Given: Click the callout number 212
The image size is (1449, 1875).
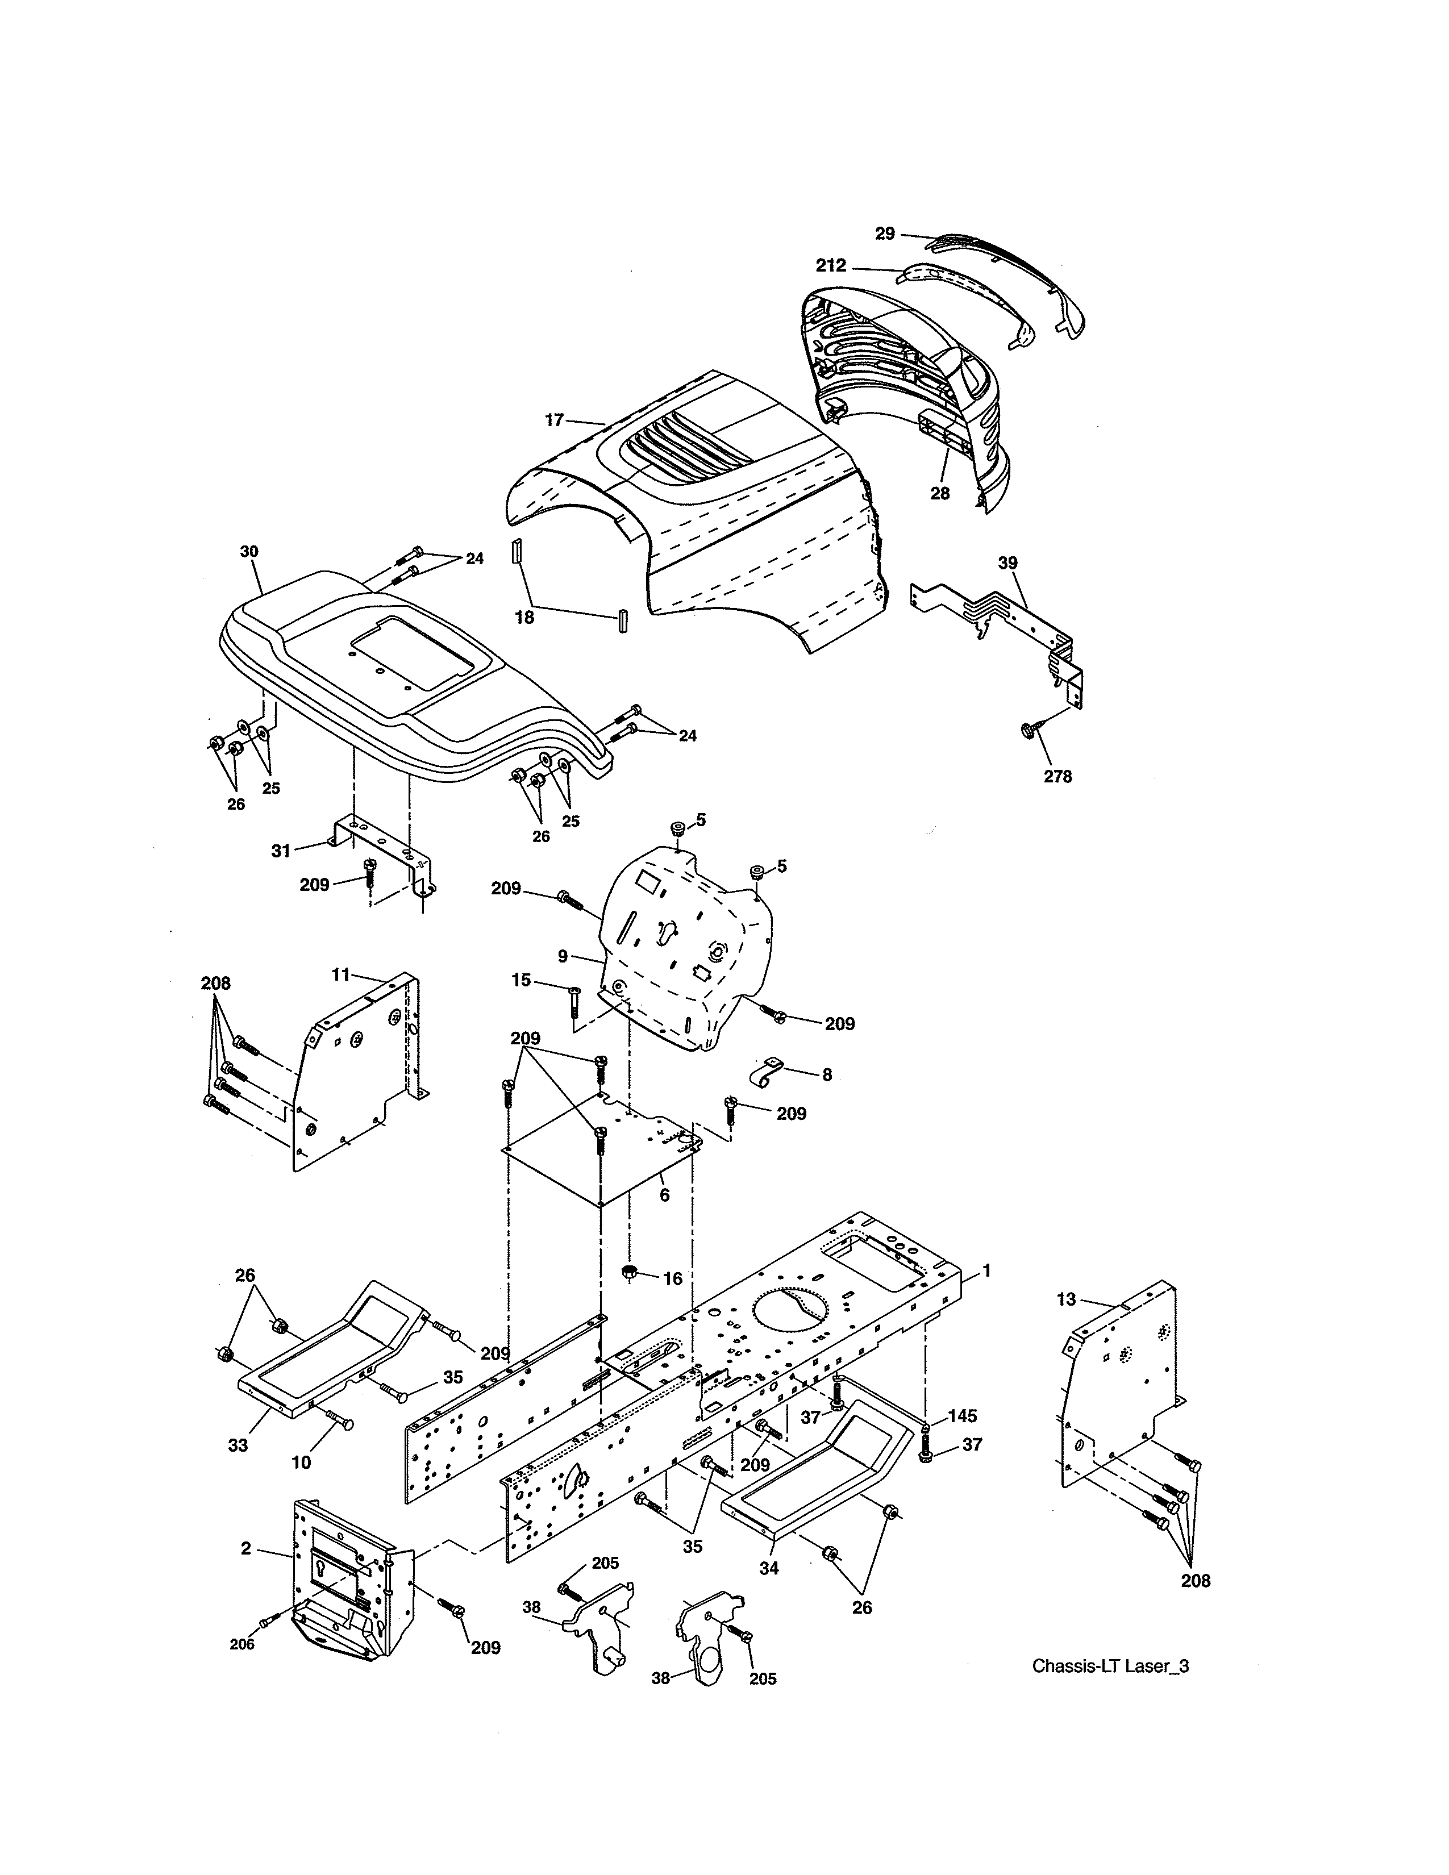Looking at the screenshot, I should [x=830, y=265].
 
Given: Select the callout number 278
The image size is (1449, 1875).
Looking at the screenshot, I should [x=1057, y=776].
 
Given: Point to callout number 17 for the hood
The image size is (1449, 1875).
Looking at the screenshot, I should [x=553, y=420].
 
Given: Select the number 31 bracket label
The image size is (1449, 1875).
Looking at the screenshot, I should [x=281, y=850].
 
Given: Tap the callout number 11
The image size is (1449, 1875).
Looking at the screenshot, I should [x=341, y=974].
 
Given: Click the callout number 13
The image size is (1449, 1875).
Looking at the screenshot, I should [x=1065, y=1300].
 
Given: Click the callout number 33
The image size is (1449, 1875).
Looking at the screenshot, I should [x=238, y=1445].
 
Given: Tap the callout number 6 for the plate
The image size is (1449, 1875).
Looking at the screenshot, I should [x=664, y=1195].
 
